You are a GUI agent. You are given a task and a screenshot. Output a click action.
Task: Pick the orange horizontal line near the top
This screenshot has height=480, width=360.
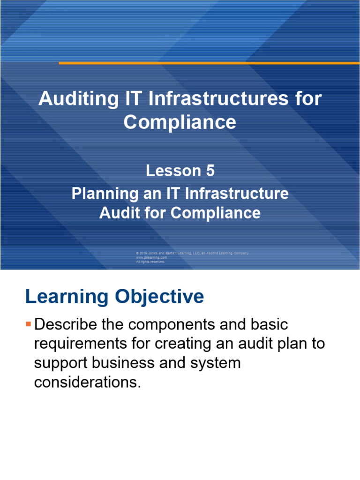[x=209, y=63]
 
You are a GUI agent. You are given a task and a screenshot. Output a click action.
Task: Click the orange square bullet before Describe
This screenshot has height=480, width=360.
[x=29, y=324]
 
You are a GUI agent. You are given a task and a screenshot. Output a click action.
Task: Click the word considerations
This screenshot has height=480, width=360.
[x=87, y=382]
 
